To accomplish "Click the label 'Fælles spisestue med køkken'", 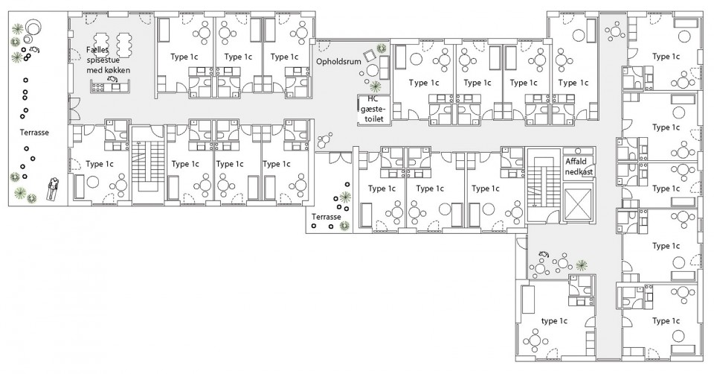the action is (108, 60).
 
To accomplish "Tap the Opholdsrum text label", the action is (338, 61).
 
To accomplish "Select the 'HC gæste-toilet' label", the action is (373, 109).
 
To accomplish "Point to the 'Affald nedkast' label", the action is (579, 166).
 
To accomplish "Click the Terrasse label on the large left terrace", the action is (34, 133).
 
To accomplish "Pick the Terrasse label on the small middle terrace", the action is (326, 217).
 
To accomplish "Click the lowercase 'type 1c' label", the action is (554, 321).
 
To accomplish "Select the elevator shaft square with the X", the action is (579, 204).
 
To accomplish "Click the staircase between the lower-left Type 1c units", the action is (147, 164).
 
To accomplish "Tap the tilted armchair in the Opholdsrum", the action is (370, 55).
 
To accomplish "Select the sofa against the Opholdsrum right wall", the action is (385, 68).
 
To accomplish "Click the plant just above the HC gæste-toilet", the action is (375, 86).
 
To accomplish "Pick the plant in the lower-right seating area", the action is (581, 264).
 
